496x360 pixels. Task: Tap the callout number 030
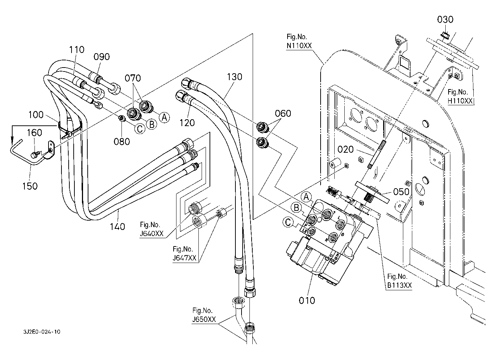(445, 19)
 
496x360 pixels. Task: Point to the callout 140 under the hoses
(118, 226)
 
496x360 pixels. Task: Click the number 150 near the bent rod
(30, 186)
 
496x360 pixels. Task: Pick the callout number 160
(35, 133)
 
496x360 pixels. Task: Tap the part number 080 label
(122, 142)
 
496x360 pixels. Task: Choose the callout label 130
(234, 77)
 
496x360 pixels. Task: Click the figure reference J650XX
(204, 319)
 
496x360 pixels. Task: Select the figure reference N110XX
(299, 46)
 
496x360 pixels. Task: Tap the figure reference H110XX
(460, 101)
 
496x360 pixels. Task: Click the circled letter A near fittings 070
(164, 117)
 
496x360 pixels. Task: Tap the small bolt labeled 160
(34, 155)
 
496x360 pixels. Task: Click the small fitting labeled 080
(122, 119)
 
